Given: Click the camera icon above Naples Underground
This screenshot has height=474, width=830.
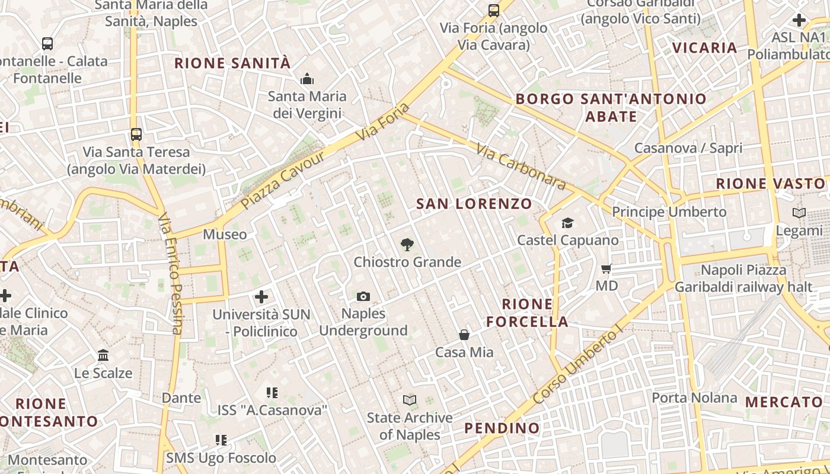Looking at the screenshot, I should (x=363, y=296).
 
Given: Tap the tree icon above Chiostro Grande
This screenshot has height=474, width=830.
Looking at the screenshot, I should (x=407, y=244).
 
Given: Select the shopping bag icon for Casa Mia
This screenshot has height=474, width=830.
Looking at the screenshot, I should (x=464, y=335).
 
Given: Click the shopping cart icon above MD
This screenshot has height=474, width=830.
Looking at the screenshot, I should (x=606, y=269).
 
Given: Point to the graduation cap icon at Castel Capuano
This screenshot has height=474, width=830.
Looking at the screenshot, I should (x=567, y=223).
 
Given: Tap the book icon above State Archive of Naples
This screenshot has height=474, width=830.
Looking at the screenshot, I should (x=410, y=400).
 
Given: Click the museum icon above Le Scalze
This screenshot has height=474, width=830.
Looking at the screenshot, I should (x=103, y=355).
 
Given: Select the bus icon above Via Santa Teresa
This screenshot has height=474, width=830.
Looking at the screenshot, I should (x=136, y=134).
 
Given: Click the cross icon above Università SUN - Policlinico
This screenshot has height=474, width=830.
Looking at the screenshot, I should (x=261, y=296).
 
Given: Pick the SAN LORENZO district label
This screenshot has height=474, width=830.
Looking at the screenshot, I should (x=474, y=204).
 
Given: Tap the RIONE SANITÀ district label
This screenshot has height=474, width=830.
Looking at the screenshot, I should (x=232, y=63).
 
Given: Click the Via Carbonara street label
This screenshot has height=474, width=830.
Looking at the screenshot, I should (x=521, y=168).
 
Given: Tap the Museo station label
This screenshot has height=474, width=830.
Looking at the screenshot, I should (x=225, y=234).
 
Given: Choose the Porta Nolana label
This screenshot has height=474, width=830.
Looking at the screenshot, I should (x=694, y=398).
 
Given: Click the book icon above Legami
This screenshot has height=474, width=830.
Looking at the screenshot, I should (x=799, y=213).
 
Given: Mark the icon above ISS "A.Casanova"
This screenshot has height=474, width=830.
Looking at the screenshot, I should (x=272, y=392).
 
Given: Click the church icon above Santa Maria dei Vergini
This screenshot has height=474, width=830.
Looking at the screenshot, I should (x=307, y=79).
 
